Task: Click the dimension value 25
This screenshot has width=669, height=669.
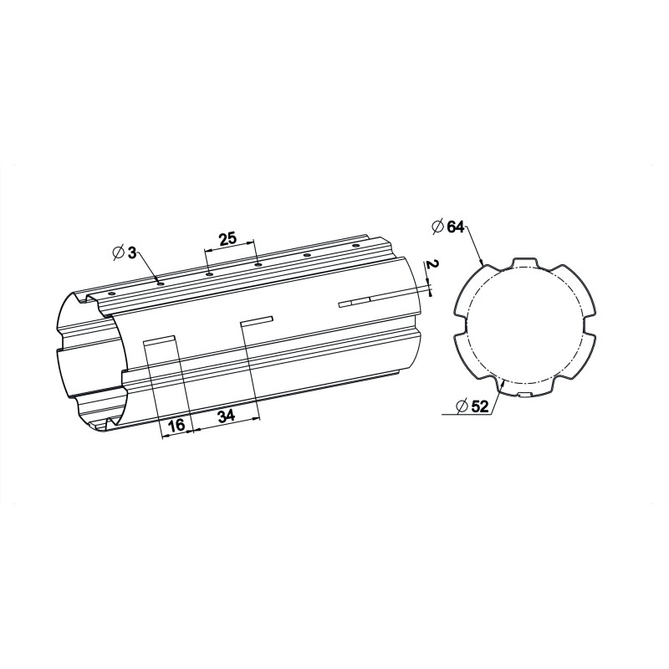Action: (x=227, y=239)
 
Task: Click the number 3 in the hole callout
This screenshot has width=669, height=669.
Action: (x=132, y=251)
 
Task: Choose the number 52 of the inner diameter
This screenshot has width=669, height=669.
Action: (x=479, y=406)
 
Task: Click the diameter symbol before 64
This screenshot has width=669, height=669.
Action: (x=437, y=227)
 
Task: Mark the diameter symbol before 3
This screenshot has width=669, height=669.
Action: (x=117, y=251)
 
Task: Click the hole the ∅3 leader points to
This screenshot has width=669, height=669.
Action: (x=160, y=283)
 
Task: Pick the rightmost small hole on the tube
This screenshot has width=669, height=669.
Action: (x=355, y=245)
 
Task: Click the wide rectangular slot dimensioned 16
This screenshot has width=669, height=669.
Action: (x=159, y=340)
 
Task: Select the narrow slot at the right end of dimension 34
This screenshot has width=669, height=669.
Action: (x=257, y=319)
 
